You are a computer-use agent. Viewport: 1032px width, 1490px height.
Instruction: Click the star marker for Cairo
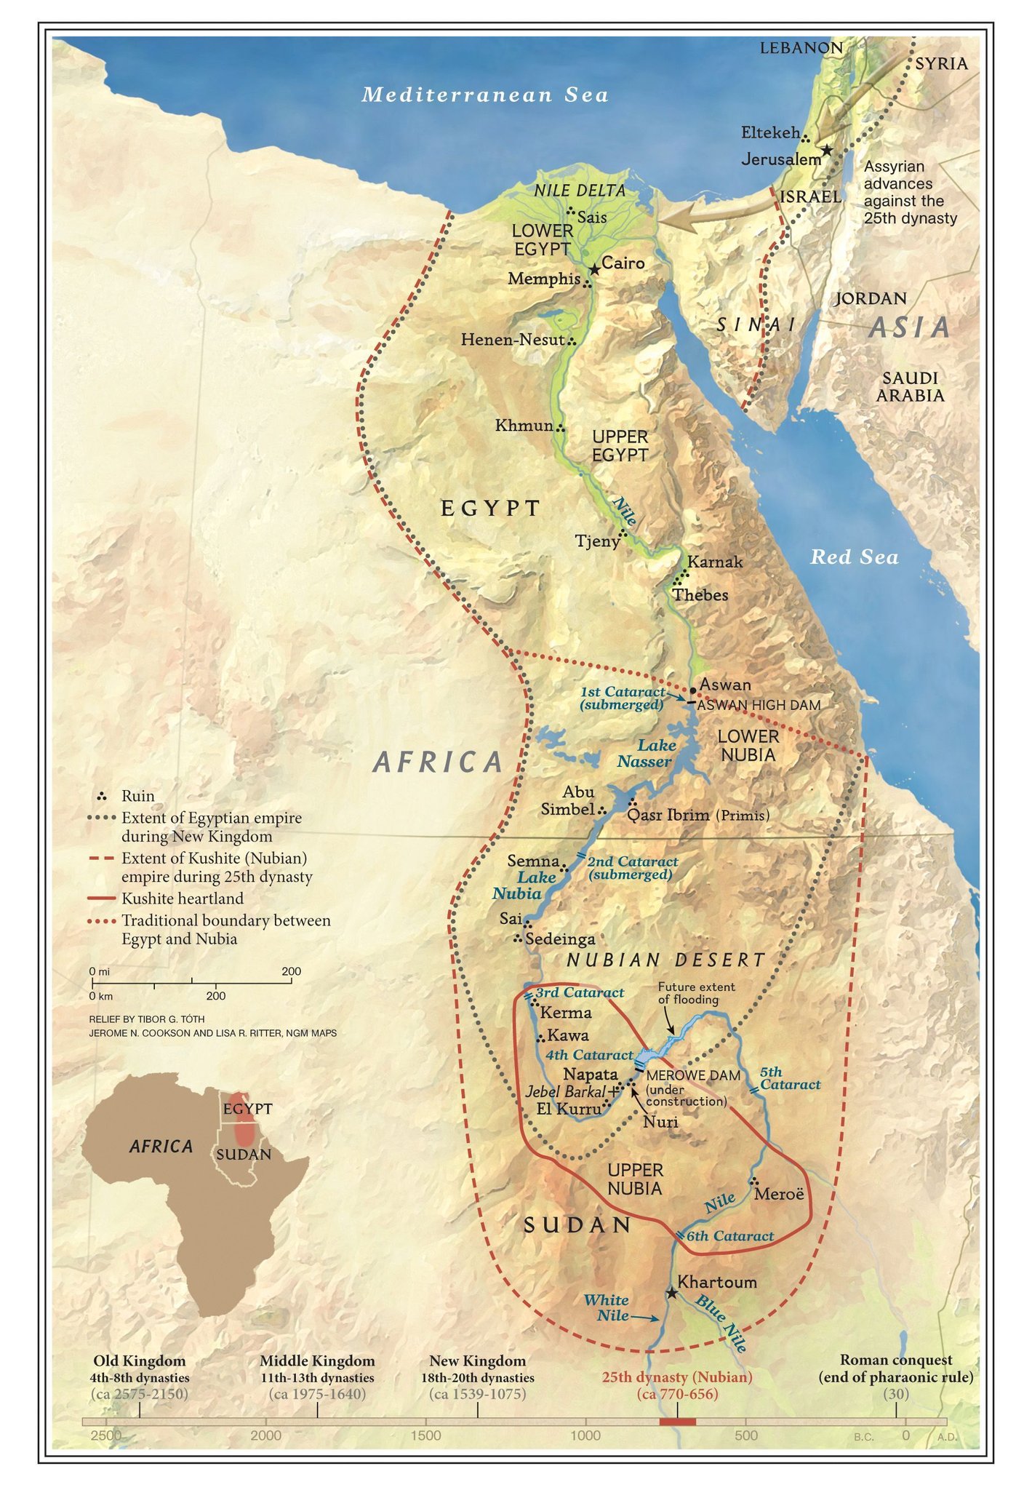[x=594, y=270]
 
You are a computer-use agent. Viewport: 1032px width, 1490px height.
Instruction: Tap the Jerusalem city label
[x=780, y=159]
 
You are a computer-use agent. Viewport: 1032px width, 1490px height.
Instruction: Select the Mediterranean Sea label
[x=484, y=95]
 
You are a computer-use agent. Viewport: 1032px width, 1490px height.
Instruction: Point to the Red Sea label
[x=855, y=557]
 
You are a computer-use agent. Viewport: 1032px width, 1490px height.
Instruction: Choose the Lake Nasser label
[x=647, y=753]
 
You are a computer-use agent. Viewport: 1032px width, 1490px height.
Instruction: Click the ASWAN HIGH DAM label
[x=759, y=705]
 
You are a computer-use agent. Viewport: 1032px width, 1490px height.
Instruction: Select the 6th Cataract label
[x=729, y=1236]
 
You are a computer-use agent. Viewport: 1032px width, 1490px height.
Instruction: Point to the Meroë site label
[x=780, y=1194]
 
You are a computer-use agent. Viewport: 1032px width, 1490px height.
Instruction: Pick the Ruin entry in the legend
[x=137, y=796]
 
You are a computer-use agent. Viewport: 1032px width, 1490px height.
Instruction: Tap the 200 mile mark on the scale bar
[x=291, y=972]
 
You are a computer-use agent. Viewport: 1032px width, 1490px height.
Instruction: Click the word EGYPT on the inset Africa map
[x=247, y=1109]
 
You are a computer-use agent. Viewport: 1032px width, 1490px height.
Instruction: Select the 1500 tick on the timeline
[x=425, y=1435]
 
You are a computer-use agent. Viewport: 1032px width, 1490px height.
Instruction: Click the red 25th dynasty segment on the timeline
[x=677, y=1422]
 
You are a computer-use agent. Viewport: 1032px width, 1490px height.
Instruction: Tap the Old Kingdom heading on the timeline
[x=140, y=1360]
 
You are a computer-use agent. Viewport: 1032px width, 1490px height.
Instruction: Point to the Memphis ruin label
[x=544, y=279]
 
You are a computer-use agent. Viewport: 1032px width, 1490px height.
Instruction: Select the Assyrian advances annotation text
[x=909, y=192]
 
